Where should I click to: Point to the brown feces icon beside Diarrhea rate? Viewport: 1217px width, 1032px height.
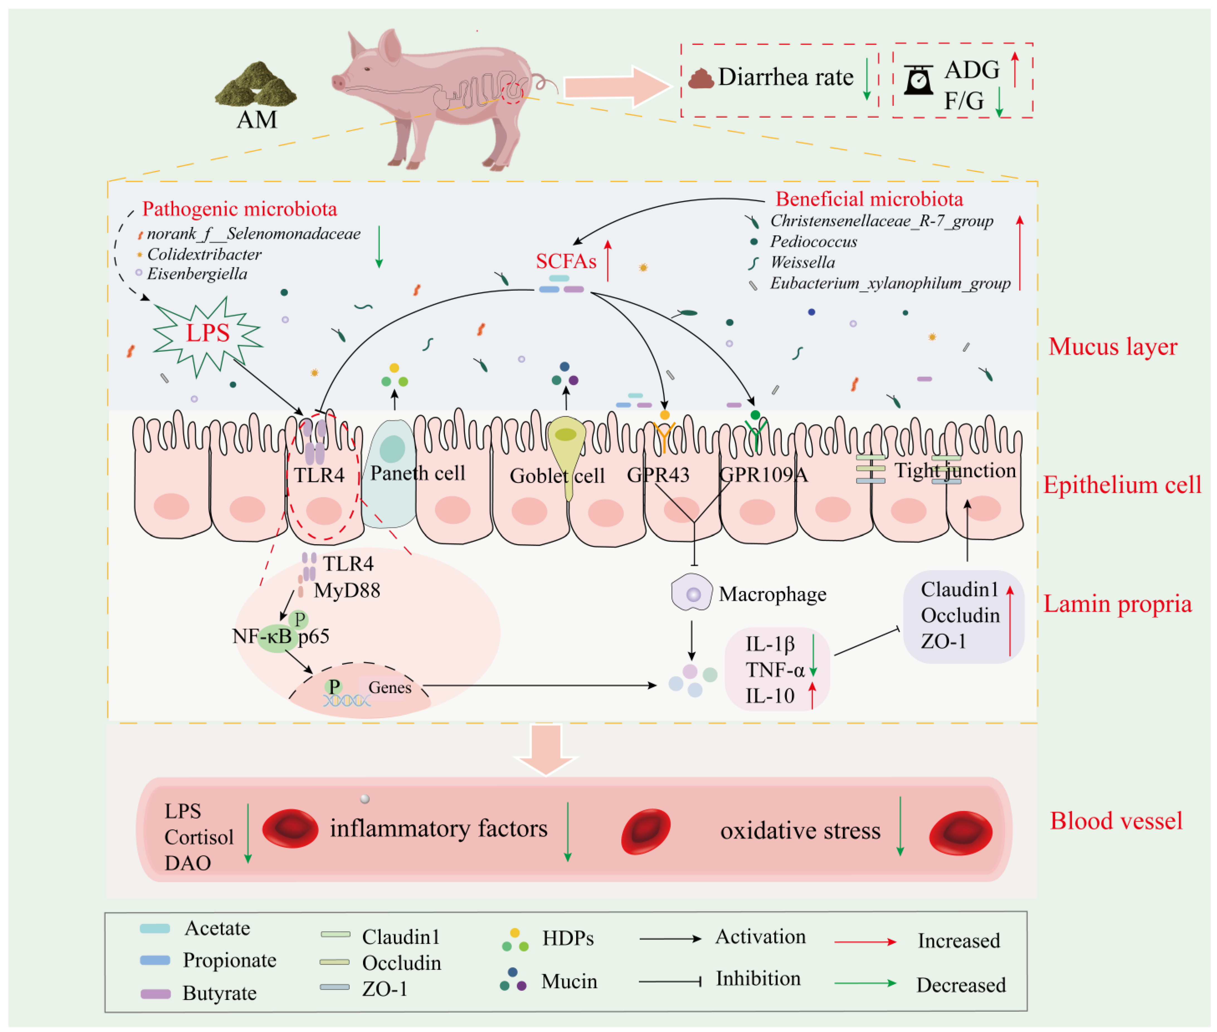pos(700,78)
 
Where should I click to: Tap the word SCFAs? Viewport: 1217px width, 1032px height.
pos(566,261)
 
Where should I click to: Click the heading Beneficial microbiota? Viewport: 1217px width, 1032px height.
pos(869,199)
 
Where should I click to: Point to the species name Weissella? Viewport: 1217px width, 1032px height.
pos(802,262)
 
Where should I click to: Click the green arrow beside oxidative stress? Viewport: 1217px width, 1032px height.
pos(900,826)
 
